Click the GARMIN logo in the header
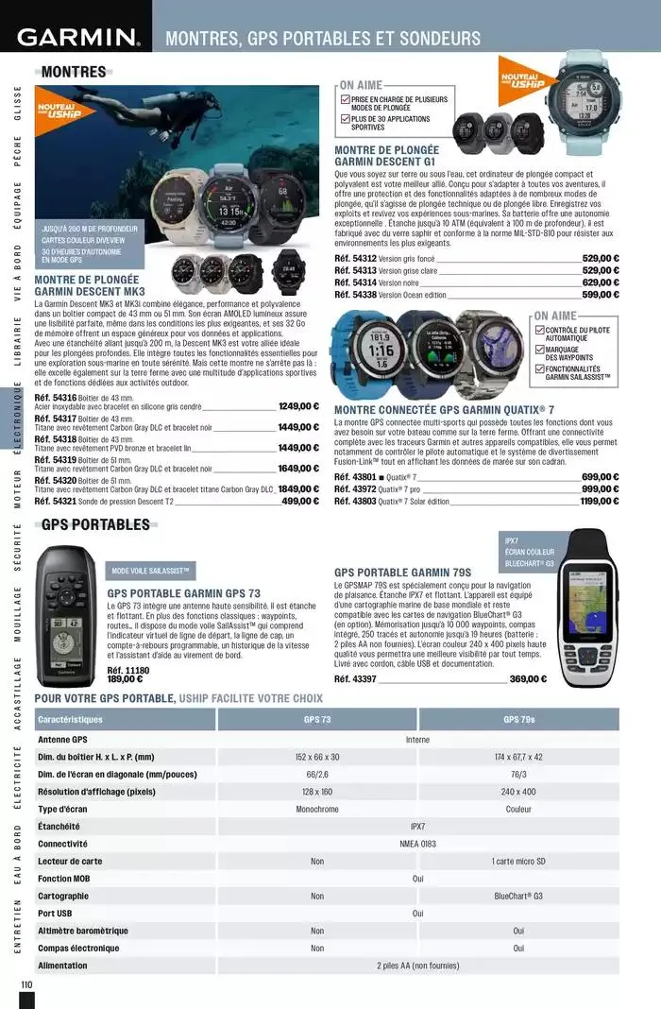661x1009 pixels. point(77,38)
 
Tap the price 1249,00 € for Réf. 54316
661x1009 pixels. point(299,407)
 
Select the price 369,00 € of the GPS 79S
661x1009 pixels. point(528,678)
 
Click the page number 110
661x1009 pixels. point(25,984)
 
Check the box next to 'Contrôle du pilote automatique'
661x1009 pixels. point(539,330)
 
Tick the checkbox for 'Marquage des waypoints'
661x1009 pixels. point(539,350)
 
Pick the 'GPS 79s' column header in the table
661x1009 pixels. point(518,720)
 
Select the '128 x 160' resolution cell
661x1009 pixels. point(317,792)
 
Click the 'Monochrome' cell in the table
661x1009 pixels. point(317,810)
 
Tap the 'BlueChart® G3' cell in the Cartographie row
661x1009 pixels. point(518,896)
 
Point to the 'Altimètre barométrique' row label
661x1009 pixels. point(83,931)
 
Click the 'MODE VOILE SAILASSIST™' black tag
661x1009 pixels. point(151,571)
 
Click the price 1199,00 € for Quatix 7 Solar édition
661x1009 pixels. point(600,501)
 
